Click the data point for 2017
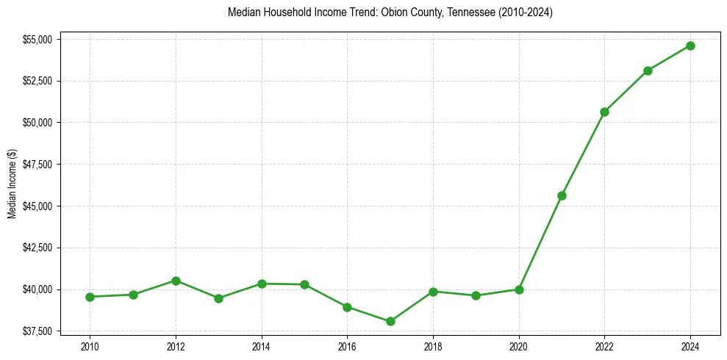[390, 321]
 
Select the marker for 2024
[690, 46]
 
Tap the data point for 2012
[176, 281]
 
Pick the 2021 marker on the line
[562, 195]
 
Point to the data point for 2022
[604, 112]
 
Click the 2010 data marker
[90, 297]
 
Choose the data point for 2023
[648, 71]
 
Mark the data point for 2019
[476, 295]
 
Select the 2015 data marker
[304, 284]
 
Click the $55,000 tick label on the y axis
[37, 39]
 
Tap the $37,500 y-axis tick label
[37, 331]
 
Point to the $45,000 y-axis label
[37, 206]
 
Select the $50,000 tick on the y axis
[37, 122]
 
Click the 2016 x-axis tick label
[347, 346]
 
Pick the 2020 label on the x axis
[519, 346]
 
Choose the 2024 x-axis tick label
[690, 346]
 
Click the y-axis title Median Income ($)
[12, 185]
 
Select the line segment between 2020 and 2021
[540, 242]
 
